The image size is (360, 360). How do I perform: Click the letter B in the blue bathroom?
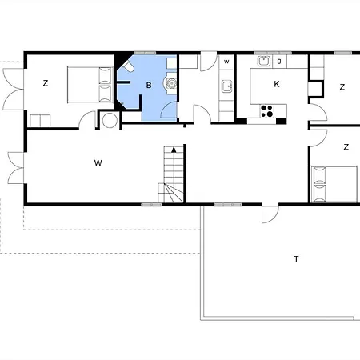click(149, 86)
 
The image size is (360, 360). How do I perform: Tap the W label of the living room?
click(98, 162)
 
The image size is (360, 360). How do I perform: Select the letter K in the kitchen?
click(277, 84)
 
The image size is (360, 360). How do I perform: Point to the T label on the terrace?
click(296, 258)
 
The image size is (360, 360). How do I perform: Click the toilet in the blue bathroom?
click(128, 66)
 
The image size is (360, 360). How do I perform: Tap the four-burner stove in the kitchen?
click(266, 111)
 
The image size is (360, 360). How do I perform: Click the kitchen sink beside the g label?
click(264, 61)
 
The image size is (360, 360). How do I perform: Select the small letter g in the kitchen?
click(279, 61)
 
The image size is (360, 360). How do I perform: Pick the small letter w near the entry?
click(226, 62)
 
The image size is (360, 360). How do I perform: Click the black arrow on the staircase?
click(174, 150)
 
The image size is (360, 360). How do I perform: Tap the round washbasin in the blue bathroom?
click(170, 83)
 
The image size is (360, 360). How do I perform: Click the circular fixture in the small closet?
click(110, 120)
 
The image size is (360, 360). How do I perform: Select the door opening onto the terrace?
click(270, 214)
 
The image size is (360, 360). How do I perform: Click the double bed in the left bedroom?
click(90, 85)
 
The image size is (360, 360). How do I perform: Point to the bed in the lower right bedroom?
click(334, 184)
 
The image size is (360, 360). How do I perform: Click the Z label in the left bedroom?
click(46, 83)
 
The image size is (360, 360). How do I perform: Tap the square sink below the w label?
click(226, 86)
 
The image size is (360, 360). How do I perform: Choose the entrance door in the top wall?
click(208, 62)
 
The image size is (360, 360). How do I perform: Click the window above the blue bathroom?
click(145, 53)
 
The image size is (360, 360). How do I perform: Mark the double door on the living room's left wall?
click(16, 168)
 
